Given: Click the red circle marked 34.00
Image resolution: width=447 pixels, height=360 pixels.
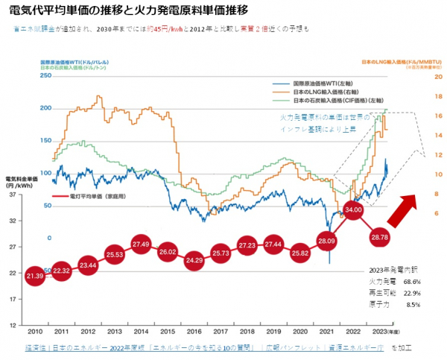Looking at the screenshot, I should [x=353, y=210].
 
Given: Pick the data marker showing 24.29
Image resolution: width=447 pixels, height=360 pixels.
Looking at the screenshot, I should [x=194, y=260].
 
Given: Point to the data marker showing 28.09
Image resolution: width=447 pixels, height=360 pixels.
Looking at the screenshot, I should [x=326, y=241].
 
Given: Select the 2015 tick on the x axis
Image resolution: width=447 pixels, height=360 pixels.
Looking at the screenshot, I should [x=168, y=330].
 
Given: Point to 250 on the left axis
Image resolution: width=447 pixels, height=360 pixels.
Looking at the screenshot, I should [x=45, y=76].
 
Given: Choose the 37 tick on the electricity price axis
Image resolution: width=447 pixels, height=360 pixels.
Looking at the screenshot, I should [x=13, y=195].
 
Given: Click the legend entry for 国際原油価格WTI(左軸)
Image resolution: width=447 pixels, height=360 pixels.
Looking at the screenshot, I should [x=327, y=82].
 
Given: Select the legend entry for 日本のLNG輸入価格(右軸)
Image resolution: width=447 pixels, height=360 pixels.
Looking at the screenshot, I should [x=329, y=90].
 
